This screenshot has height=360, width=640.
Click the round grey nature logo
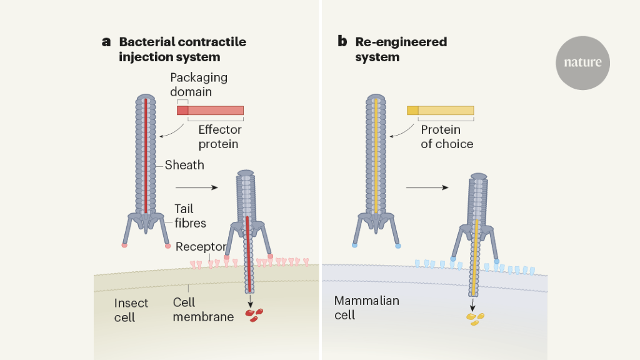point(582,62)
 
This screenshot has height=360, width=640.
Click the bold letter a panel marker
point(106,42)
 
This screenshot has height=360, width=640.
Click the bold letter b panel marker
point(342,42)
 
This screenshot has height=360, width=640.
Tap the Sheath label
point(184,166)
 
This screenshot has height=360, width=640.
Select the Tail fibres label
point(190,216)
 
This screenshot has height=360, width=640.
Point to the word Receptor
point(200,247)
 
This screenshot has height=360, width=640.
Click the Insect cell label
point(131,310)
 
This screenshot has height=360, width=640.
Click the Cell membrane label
point(203,310)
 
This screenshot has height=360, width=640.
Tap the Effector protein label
point(220,137)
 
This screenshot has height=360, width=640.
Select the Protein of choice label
point(446,137)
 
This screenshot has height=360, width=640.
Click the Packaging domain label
point(199,84)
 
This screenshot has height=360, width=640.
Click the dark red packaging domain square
point(182,110)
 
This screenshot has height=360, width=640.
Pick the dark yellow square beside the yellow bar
point(412,111)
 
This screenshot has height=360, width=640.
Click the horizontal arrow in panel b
point(427,187)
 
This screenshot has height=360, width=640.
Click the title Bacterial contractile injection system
point(182,49)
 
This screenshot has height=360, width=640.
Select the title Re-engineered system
point(401,49)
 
